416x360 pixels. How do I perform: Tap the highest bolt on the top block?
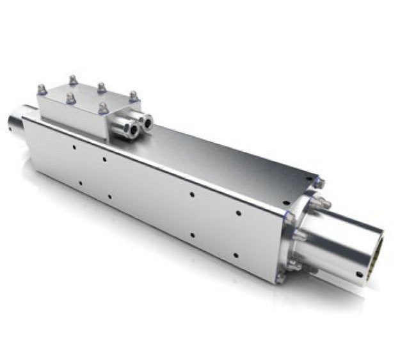[x=72, y=80]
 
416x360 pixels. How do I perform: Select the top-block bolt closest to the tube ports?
[x=103, y=108]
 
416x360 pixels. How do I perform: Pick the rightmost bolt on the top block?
[x=133, y=96]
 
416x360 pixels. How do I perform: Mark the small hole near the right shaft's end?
[x=360, y=274]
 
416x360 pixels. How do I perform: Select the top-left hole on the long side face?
[x=75, y=147]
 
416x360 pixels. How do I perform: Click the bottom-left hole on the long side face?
[x=79, y=183]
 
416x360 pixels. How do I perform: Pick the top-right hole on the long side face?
[x=239, y=213]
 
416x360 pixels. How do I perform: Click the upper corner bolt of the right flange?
[x=318, y=184]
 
